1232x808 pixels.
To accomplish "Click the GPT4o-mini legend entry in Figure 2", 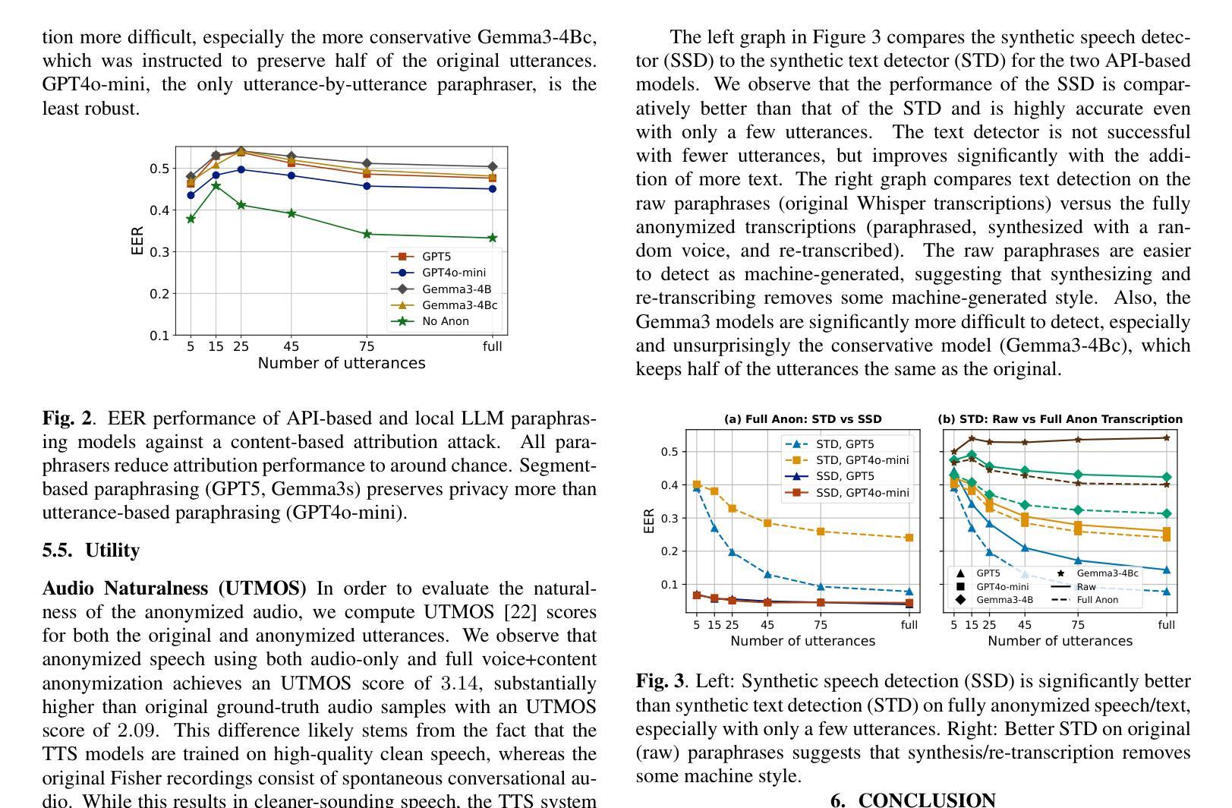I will pos(453,273).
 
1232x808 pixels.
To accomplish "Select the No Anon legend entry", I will pos(445,321).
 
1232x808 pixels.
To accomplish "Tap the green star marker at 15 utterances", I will pos(216,185).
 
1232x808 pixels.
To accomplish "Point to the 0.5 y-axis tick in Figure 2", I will pos(159,168).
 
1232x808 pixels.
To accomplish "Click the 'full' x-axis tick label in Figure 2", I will pos(493,346).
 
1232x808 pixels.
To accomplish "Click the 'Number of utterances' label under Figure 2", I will pos(342,363).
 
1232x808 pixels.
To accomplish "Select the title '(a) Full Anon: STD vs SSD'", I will pos(802,419).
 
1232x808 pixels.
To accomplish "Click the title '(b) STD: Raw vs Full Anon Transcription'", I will pos(1060,419).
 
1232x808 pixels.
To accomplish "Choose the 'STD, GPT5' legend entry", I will pos(845,444).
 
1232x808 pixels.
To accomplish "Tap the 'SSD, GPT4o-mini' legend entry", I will pos(862,493).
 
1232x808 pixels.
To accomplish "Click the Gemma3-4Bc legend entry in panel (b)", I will pos(1107,573).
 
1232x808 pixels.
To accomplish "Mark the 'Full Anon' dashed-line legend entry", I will pos(1097,600).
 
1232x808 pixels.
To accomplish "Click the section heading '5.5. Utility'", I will pos(91,551).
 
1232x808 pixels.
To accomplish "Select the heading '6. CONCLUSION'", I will pos(913,800).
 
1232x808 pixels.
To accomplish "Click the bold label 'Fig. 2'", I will pos(67,418).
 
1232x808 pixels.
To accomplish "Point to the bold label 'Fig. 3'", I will pos(660,681).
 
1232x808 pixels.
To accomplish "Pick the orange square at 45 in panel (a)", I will pos(767,523).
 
